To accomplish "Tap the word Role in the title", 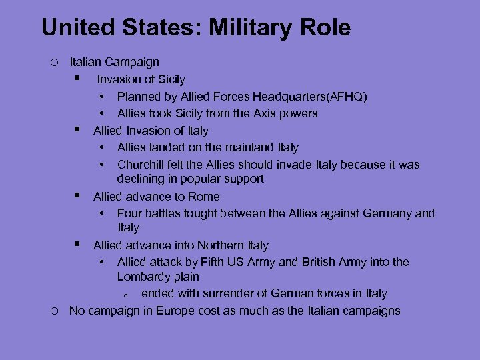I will click(x=324, y=28).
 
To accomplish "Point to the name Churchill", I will click(x=141, y=164).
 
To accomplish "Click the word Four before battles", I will click(x=129, y=213).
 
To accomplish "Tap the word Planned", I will click(x=139, y=97).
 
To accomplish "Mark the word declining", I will click(x=140, y=179).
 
